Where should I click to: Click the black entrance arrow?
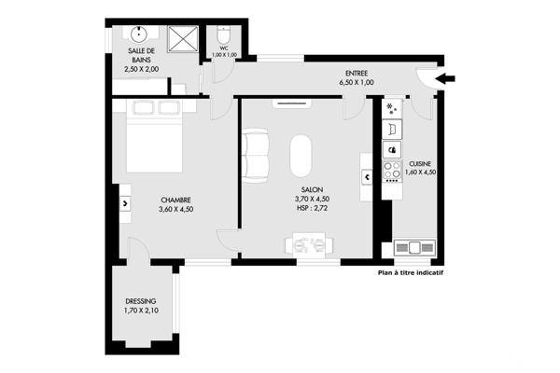(x=445, y=80)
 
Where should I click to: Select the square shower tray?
(x=184, y=38)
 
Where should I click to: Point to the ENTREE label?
(x=356, y=72)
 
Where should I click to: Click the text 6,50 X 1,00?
(x=356, y=82)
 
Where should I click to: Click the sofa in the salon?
(x=255, y=156)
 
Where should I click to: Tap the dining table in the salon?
(x=307, y=245)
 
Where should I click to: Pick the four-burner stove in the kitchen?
(x=390, y=170)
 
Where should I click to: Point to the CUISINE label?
(x=420, y=162)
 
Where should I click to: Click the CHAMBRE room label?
(x=176, y=199)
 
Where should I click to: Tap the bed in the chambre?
(x=155, y=140)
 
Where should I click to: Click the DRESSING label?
(x=143, y=301)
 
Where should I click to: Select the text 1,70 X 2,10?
(x=143, y=311)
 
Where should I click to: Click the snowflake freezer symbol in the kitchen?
(x=390, y=108)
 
